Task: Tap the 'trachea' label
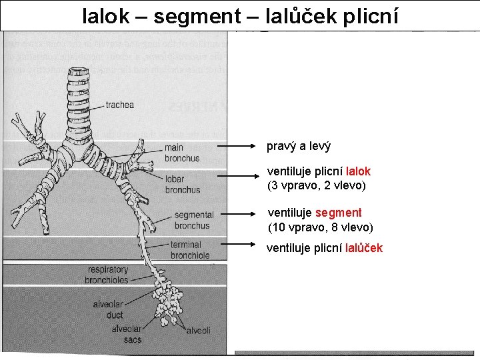(120, 105)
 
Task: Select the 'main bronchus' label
(182, 153)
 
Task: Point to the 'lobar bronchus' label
(183, 184)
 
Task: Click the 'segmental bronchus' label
(193, 220)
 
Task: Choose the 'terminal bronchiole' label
(190, 250)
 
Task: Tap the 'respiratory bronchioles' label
(107, 275)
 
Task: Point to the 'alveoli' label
(198, 331)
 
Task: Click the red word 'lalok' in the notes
(358, 171)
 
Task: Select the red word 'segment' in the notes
(339, 213)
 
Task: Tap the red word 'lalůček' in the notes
(364, 248)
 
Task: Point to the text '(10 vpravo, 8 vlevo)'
(320, 227)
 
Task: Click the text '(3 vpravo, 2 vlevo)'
(317, 185)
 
